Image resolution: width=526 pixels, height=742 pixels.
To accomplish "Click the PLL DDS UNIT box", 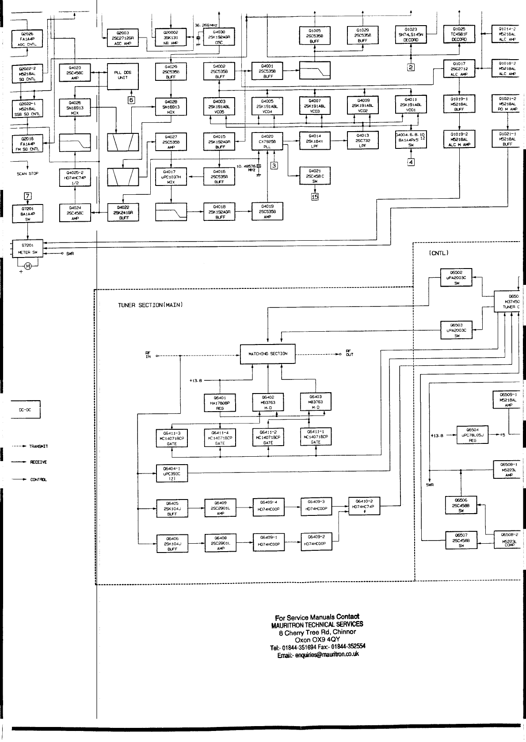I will tap(123, 76).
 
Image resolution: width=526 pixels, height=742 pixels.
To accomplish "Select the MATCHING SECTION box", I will tap(267, 354).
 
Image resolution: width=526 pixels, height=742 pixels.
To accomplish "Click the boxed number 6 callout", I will tap(131, 99).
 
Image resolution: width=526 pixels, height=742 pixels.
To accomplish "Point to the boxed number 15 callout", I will tap(315, 197).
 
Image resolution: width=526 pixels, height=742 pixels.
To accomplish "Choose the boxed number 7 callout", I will tap(28, 196).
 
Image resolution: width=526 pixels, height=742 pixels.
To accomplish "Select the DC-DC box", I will tap(27, 409).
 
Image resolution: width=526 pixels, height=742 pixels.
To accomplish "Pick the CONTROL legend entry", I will tap(38, 480).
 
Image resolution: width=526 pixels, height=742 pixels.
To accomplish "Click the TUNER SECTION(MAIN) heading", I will tap(151, 305).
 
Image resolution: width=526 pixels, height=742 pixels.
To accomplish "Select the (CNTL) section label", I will tap(439, 253).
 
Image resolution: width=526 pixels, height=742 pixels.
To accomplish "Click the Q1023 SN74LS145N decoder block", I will tap(411, 34).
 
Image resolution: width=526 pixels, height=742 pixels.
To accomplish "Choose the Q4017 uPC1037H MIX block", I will tap(171, 176).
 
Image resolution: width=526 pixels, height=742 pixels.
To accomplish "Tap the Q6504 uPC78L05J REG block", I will tap(473, 435).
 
